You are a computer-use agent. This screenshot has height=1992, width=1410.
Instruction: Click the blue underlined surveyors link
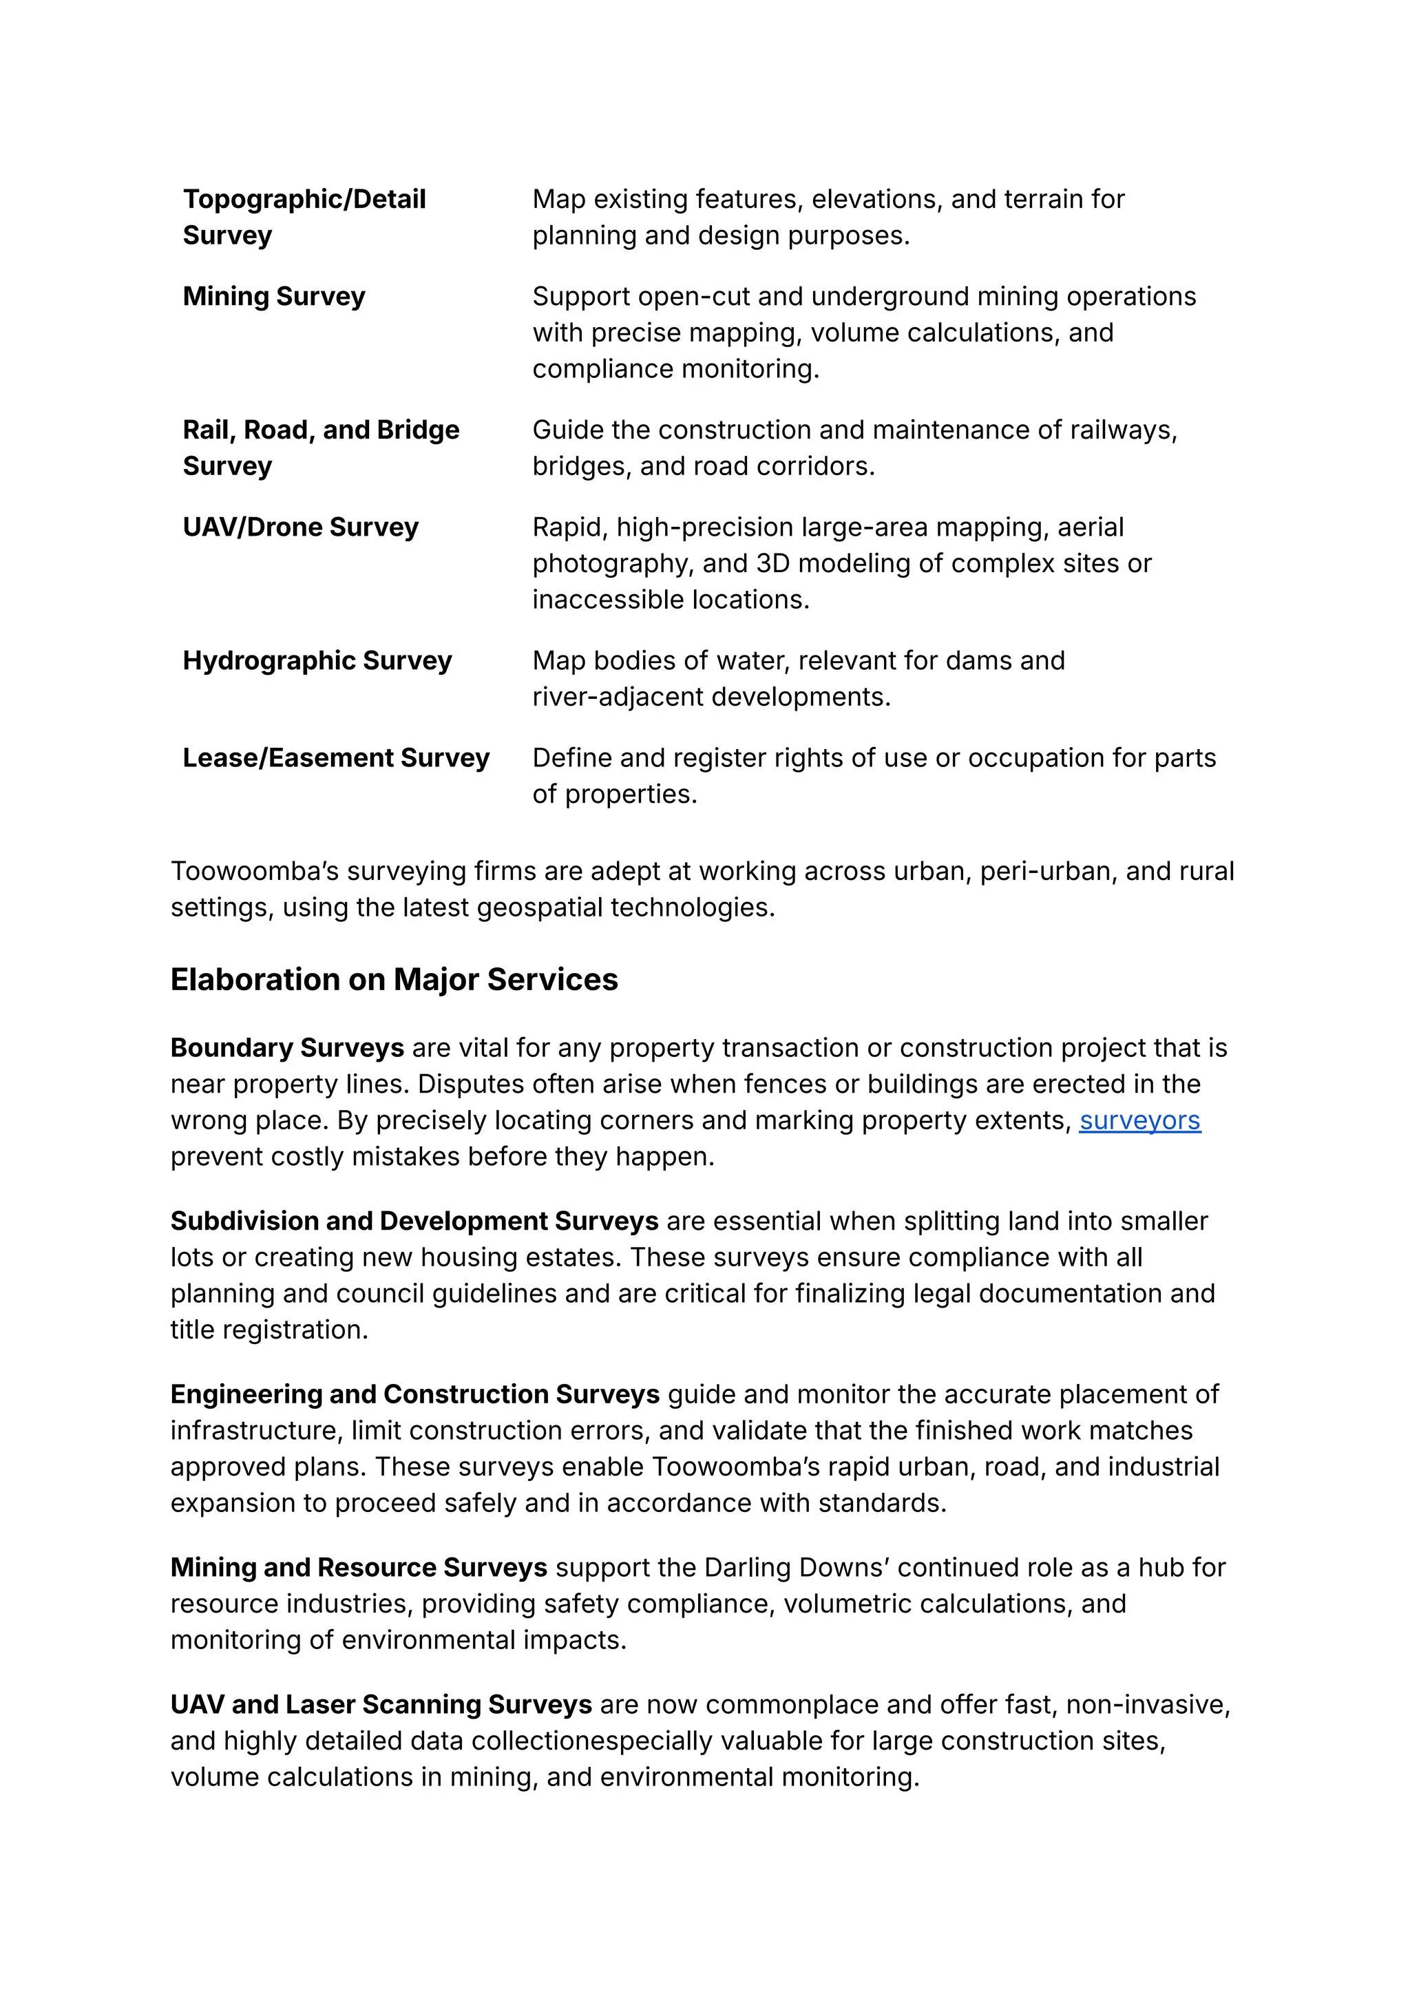click(x=1139, y=1121)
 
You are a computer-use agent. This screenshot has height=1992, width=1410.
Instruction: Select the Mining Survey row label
click(x=273, y=297)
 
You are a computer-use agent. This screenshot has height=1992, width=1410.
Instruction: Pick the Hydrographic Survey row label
click(x=317, y=661)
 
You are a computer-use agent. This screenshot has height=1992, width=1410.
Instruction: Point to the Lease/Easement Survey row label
click(x=336, y=758)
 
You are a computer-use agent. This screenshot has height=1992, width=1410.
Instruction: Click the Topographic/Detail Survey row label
click(x=304, y=217)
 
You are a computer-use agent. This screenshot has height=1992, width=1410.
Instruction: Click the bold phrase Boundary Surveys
click(x=286, y=1048)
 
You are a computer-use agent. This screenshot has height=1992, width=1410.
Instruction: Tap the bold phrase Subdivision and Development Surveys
click(x=414, y=1222)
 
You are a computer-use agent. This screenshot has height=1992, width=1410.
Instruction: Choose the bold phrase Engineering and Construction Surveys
click(x=415, y=1394)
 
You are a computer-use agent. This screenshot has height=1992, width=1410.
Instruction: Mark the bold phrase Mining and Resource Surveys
click(x=359, y=1567)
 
